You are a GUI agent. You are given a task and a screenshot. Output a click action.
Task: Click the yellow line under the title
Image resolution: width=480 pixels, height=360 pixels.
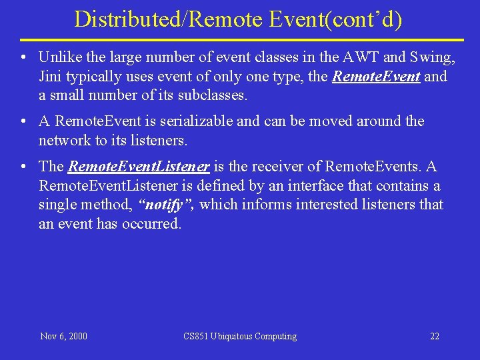pos(240,40)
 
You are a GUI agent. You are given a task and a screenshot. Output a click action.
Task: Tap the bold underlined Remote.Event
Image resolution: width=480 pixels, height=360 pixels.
pos(376,77)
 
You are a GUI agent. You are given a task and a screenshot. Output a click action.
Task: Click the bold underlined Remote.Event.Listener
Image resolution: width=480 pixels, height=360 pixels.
pos(139,167)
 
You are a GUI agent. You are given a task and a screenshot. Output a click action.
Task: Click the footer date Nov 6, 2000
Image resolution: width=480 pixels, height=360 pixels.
pos(63,336)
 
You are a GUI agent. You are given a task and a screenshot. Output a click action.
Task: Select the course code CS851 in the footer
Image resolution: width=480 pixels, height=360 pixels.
pos(197,336)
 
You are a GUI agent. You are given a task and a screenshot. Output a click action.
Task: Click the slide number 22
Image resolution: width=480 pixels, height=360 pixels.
pos(435,336)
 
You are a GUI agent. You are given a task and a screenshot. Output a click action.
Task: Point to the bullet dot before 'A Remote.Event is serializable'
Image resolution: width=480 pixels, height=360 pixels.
pos(24,121)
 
